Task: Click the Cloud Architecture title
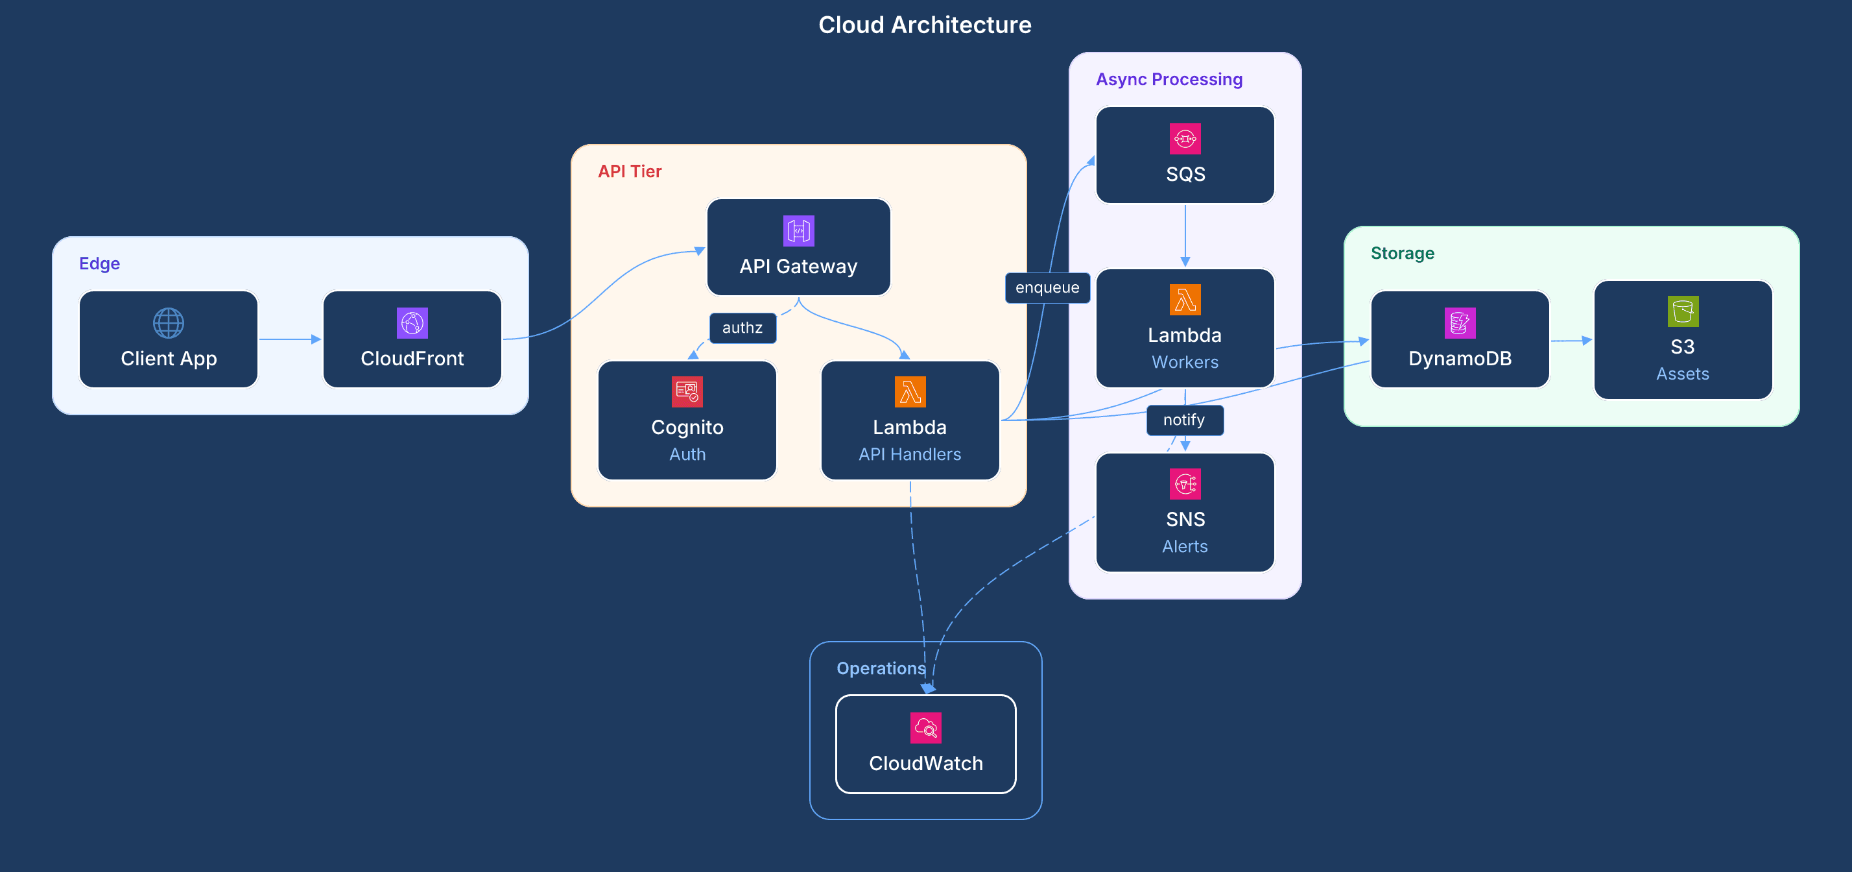925,25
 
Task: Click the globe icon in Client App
168,323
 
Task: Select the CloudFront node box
412,339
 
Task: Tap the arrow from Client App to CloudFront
290,339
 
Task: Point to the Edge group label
99,263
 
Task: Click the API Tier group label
629,171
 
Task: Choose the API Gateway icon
798,231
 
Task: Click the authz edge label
742,328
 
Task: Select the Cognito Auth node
687,420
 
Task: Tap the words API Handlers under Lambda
909,455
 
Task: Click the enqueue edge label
1047,288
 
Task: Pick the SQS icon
1185,139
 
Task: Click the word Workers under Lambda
1185,363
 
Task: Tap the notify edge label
1184,420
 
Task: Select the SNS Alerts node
1185,513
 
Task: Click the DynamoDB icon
1460,323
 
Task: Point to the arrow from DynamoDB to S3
1572,341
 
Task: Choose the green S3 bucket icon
1682,311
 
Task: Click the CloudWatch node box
925,744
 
